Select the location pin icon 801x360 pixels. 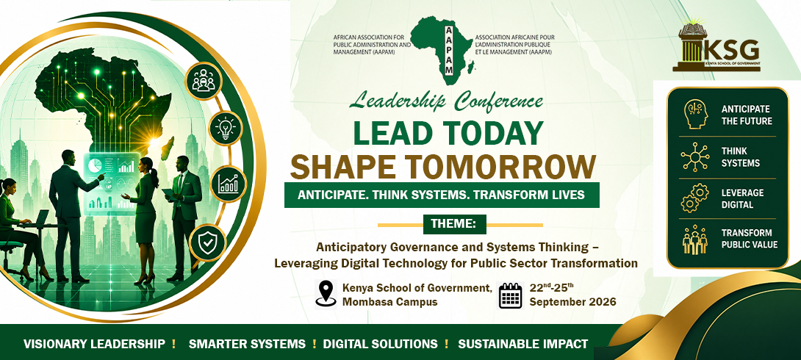tap(326, 294)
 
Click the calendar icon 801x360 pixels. tap(510, 295)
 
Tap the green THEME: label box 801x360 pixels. tap(455, 224)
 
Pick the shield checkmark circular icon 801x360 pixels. tap(206, 242)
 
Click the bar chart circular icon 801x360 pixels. tap(228, 184)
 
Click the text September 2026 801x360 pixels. tap(572, 302)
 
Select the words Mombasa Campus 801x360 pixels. tap(389, 302)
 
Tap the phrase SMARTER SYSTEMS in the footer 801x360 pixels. tap(247, 344)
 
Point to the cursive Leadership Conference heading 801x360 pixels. tap(445, 102)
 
